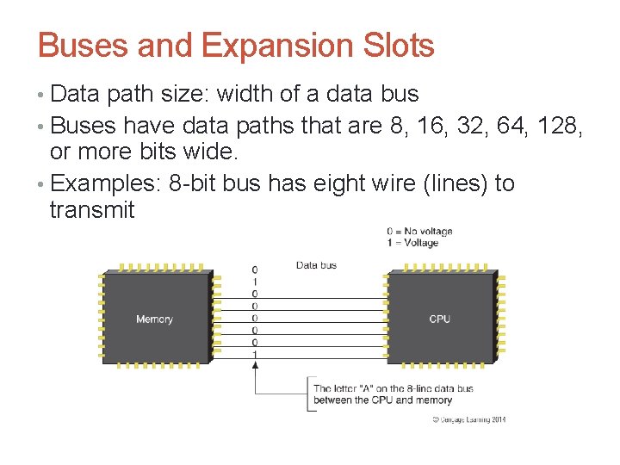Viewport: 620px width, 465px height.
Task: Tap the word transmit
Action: (x=92, y=210)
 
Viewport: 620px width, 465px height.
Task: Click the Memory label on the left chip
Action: (x=154, y=319)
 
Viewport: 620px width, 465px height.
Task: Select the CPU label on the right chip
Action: (x=439, y=319)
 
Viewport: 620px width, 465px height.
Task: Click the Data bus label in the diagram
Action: (x=316, y=265)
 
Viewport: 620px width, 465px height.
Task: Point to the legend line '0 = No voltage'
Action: (x=419, y=231)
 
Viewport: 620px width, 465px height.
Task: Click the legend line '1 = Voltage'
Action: (x=412, y=243)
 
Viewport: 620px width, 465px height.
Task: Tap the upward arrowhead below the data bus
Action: (x=254, y=365)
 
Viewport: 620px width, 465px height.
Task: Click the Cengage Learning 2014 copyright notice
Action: (x=468, y=419)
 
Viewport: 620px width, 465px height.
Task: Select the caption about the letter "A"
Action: (x=394, y=394)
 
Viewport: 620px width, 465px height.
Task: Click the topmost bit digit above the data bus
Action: (x=254, y=270)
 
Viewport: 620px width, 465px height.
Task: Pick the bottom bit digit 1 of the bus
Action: (x=254, y=354)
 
